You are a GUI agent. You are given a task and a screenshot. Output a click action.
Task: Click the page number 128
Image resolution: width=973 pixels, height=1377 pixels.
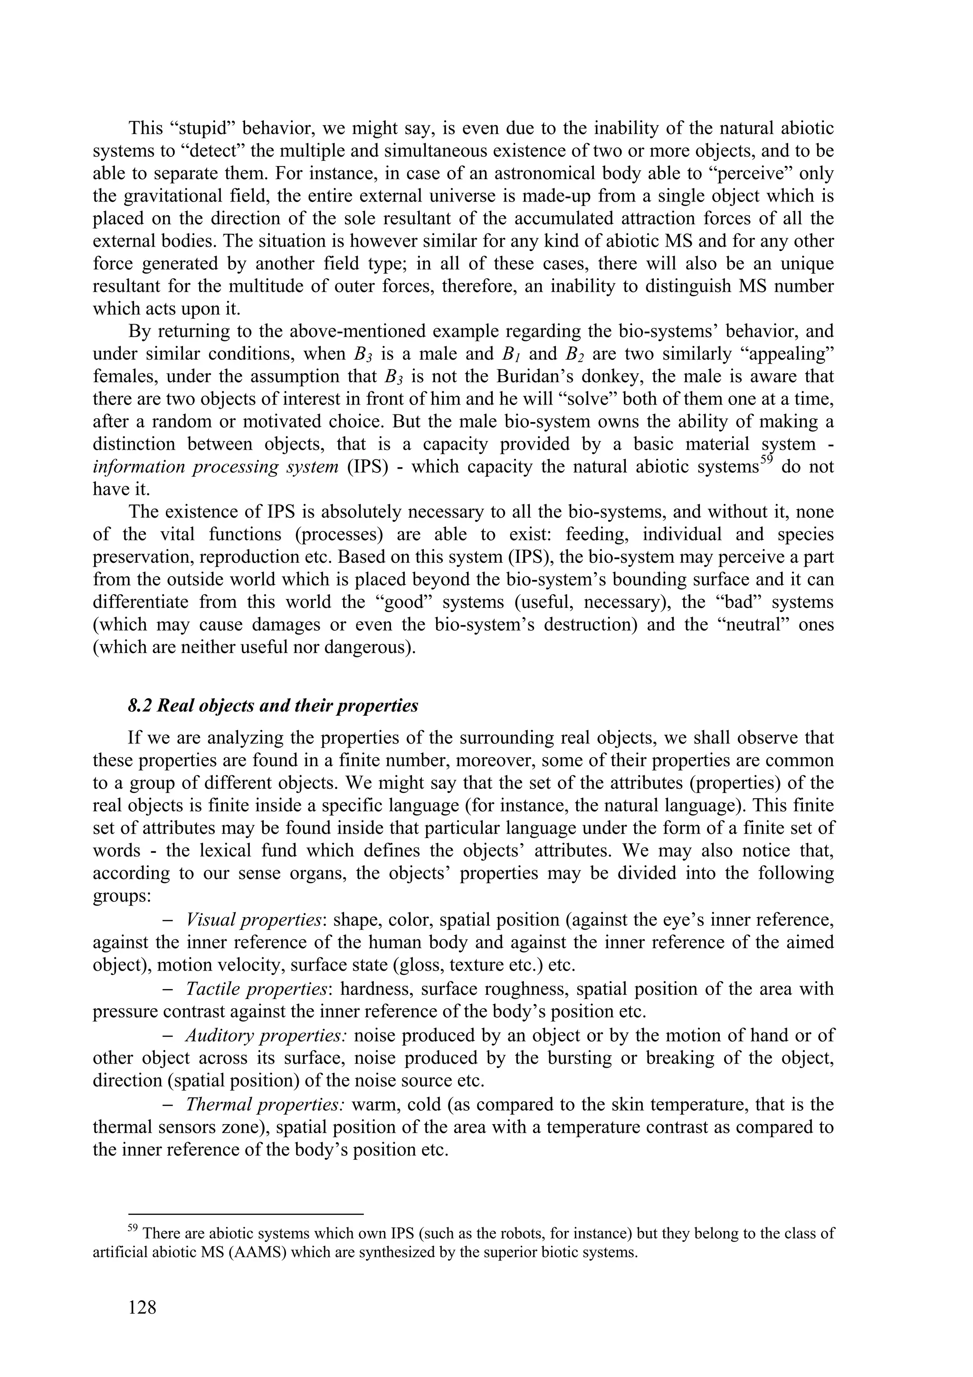point(142,1307)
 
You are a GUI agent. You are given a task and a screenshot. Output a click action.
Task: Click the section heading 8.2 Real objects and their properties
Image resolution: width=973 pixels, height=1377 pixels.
point(273,706)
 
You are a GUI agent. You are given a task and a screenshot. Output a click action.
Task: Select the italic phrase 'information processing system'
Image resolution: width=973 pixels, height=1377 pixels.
point(216,467)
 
